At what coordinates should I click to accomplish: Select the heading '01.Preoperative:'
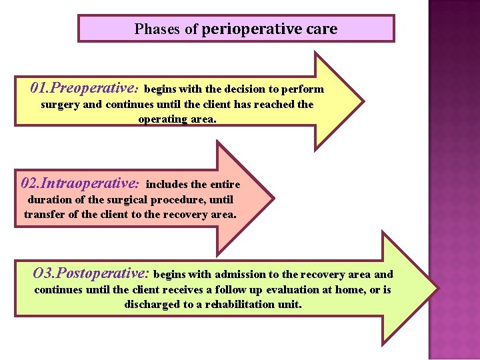tap(85, 88)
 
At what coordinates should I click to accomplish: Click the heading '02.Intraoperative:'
tap(80, 183)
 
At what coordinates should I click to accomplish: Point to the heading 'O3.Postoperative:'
tap(91, 273)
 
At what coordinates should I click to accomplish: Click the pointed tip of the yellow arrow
tap(363, 101)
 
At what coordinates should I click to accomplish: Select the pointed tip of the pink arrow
tap(273, 197)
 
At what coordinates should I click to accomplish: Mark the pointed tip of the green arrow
tap(438, 289)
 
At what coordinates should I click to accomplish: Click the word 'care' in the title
tap(323, 29)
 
